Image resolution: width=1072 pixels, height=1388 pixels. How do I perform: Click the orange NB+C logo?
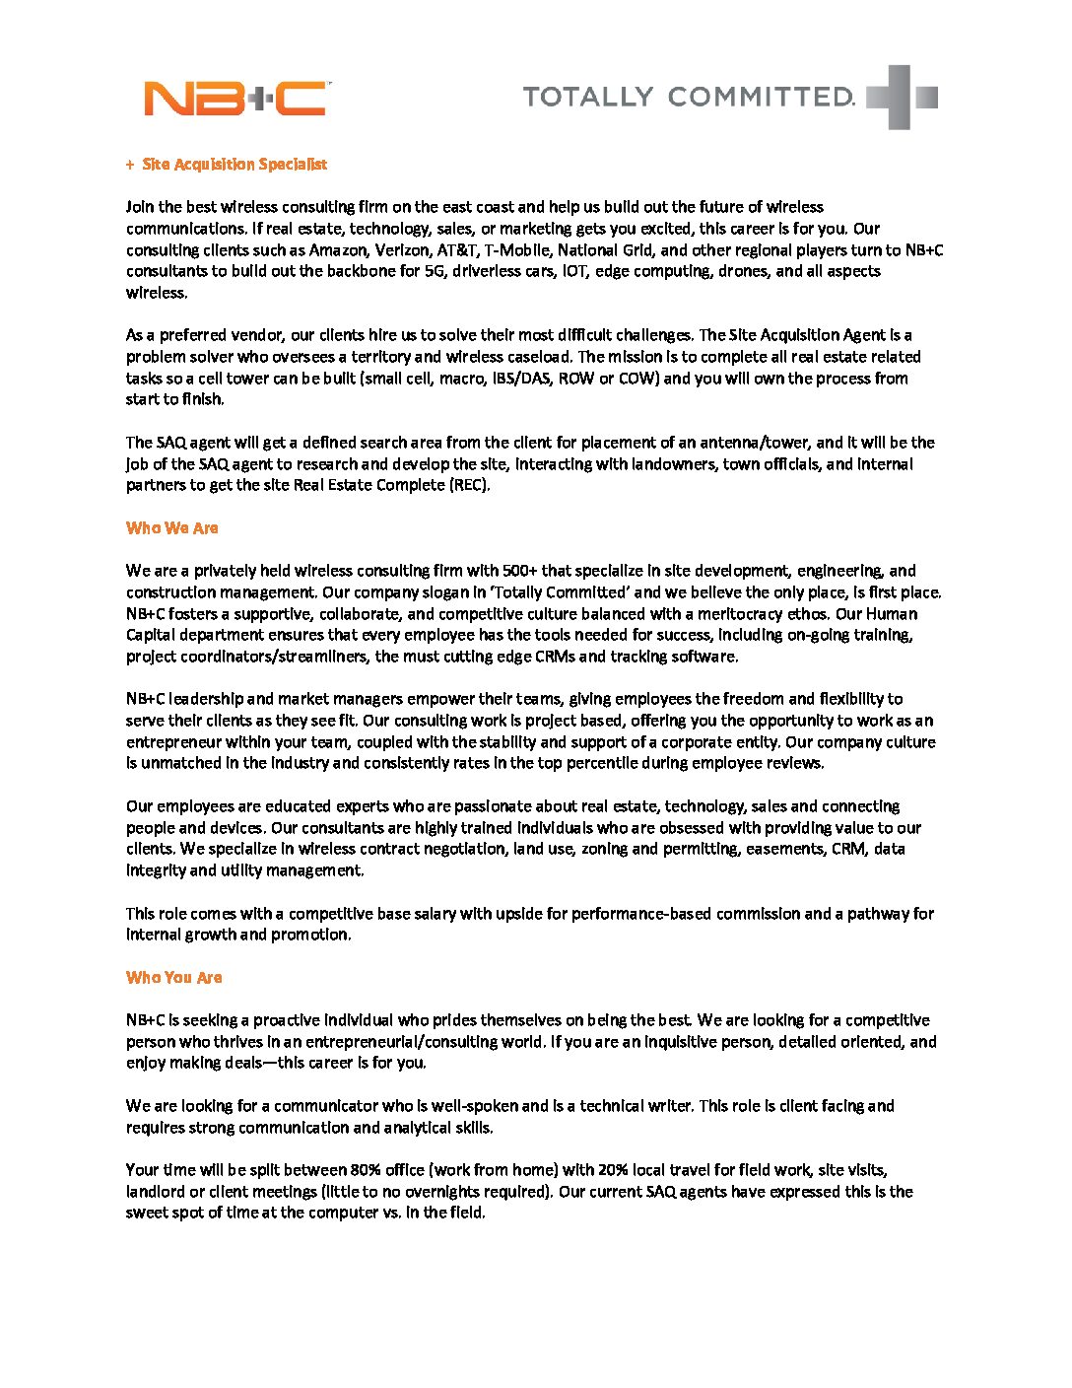(x=235, y=99)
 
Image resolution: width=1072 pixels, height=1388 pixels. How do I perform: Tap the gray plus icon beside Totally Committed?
(x=901, y=97)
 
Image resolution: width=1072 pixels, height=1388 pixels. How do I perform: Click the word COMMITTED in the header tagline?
(x=761, y=97)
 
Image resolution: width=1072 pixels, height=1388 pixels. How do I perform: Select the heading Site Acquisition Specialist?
(x=234, y=165)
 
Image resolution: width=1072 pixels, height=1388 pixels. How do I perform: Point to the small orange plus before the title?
(x=130, y=165)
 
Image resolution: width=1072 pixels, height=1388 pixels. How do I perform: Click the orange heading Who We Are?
(x=172, y=528)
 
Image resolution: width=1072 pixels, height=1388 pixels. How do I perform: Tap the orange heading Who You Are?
(x=174, y=978)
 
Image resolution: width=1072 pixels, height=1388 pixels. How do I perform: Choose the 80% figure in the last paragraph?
(x=367, y=1170)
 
